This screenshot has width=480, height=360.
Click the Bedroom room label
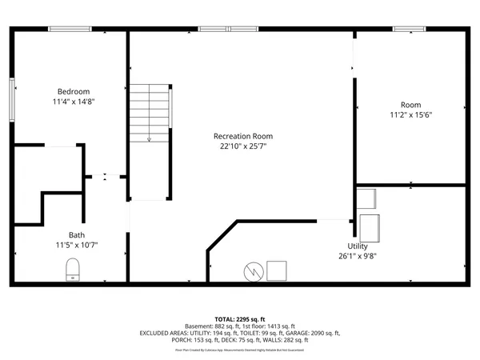tap(73, 91)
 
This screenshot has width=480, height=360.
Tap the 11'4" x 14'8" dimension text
tap(73, 102)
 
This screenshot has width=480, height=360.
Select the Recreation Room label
tap(242, 136)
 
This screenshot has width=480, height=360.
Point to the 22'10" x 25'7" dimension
tap(242, 147)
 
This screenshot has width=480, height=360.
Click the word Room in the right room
tap(410, 105)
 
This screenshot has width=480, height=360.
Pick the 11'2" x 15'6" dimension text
tap(410, 115)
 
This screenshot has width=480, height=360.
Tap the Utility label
tap(358, 246)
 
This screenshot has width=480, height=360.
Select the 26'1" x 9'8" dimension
tap(358, 256)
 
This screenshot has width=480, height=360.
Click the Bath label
tap(76, 234)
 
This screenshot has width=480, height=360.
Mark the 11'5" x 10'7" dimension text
tap(77, 245)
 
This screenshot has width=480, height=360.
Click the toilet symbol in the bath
tap(73, 270)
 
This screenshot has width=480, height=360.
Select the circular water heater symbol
tap(252, 272)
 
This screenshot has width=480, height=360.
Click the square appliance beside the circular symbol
tap(277, 271)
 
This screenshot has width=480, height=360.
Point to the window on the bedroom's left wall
tap(12, 101)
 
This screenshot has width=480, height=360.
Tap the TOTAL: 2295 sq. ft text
tap(240, 318)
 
